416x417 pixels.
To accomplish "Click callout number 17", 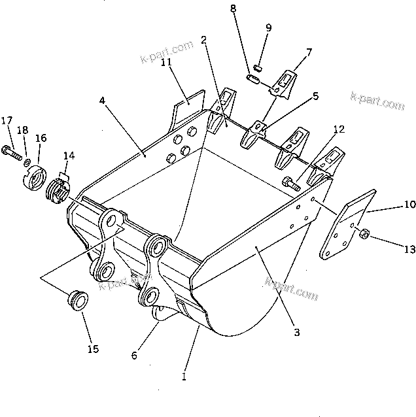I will tap(7, 120).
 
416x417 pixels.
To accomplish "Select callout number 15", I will tap(94, 349).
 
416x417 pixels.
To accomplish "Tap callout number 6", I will tap(135, 356).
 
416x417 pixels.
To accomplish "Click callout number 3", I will tap(296, 333).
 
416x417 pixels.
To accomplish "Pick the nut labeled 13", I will tap(366, 233).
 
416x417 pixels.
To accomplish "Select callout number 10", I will tap(409, 205).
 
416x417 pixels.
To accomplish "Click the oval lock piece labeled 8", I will tap(252, 79).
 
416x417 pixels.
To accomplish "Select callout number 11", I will tap(167, 62).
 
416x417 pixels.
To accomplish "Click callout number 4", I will tap(103, 101).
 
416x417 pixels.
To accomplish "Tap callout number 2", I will tap(204, 41).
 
